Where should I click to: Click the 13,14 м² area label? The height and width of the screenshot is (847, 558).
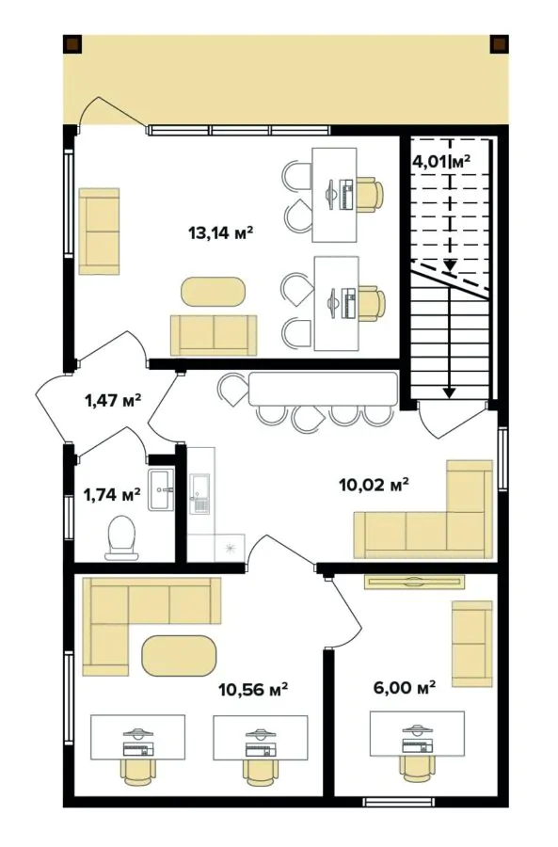(223, 232)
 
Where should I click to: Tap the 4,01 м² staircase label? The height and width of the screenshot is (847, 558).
(440, 161)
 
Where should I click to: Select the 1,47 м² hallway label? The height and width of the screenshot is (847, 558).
(113, 400)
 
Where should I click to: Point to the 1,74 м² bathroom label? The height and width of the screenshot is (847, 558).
(112, 493)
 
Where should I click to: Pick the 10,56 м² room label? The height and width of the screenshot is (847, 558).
(252, 689)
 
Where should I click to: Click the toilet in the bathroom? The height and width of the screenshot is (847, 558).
(121, 537)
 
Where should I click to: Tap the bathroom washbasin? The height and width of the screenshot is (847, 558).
(161, 489)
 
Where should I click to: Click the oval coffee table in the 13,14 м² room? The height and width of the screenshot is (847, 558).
(213, 291)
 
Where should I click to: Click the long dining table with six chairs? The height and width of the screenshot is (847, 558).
(322, 390)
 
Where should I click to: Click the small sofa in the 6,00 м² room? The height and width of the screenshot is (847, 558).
(471, 645)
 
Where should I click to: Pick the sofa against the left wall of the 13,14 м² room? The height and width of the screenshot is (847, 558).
(99, 232)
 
